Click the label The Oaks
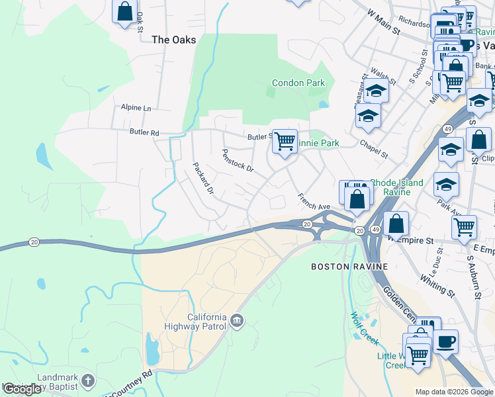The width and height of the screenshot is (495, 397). tap(174, 40)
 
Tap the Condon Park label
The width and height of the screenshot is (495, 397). tap(299, 83)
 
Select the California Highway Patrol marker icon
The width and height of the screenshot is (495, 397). tap(237, 322)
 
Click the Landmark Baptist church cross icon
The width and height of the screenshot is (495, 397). tap(89, 381)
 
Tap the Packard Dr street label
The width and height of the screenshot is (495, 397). tap(203, 178)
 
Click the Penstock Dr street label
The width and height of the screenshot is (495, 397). tap(238, 159)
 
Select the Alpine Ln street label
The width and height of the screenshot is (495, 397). tap(136, 107)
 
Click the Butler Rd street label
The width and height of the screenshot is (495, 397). tap(146, 133)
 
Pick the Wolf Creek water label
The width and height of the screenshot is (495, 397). tap(364, 328)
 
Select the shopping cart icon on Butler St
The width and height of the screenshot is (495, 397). tap(285, 140)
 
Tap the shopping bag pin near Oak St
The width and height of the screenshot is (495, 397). tap(124, 11)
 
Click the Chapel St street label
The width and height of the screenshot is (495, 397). tap(374, 149)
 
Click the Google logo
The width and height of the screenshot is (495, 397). tap(22, 389)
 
